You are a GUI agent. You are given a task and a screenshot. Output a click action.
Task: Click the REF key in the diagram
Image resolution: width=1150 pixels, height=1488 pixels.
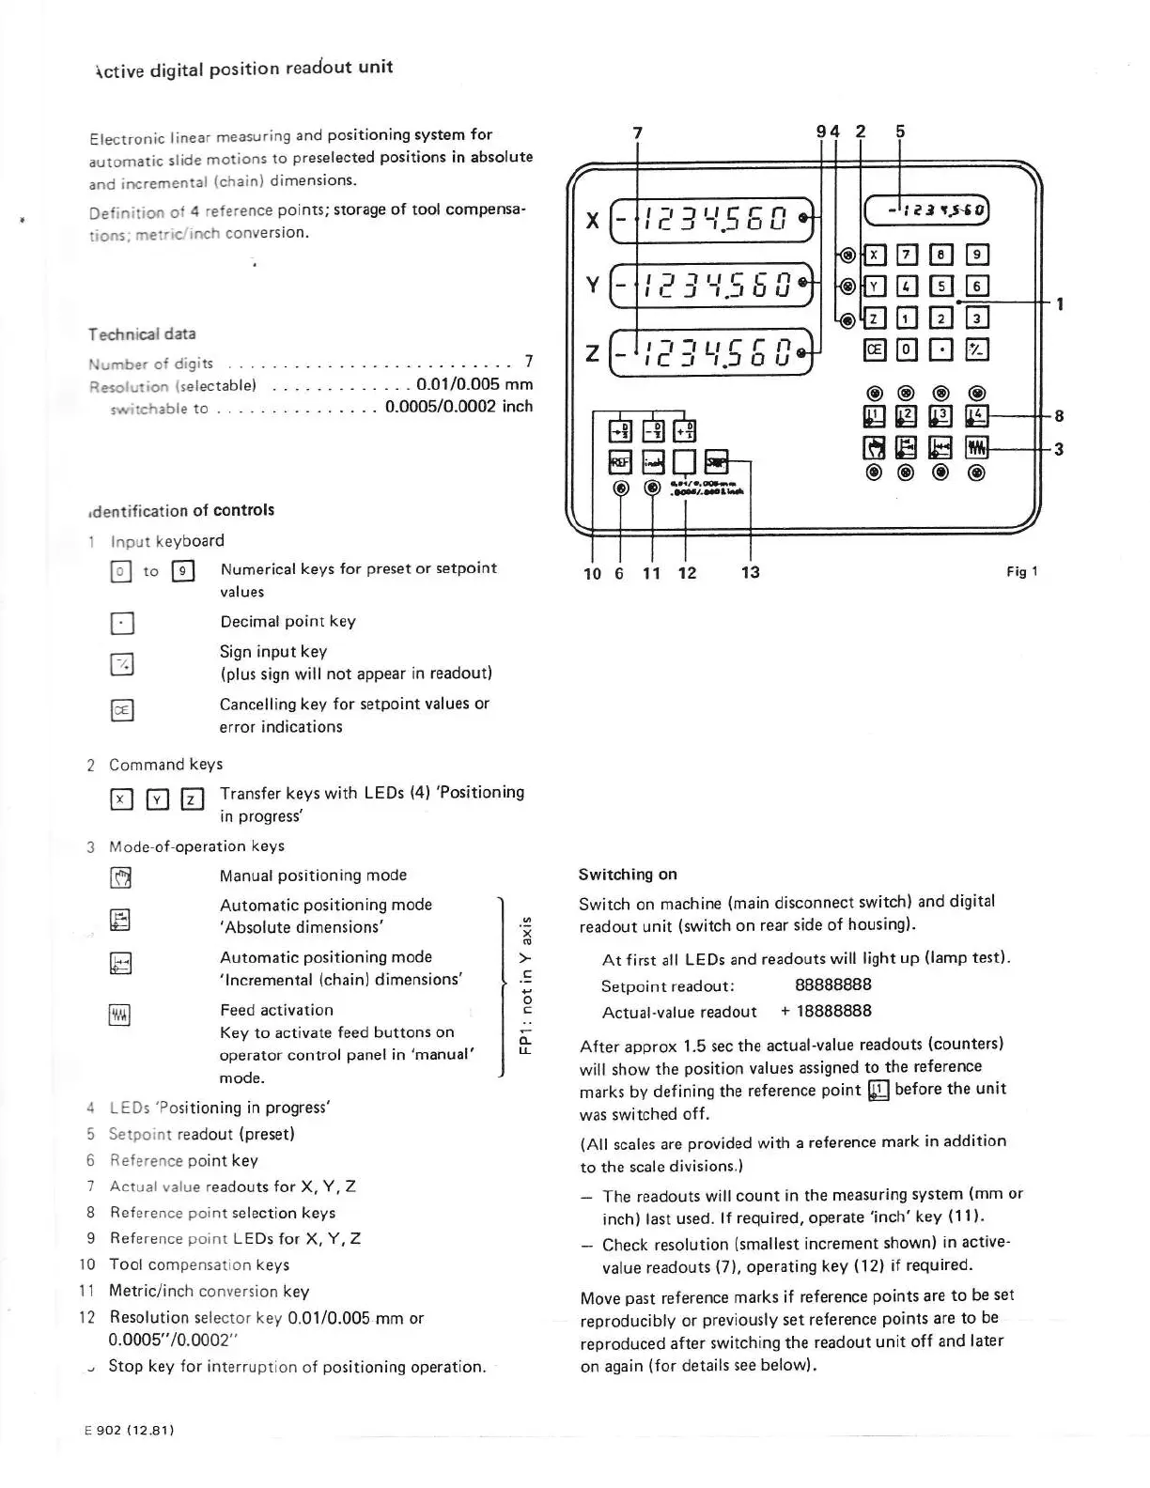pyautogui.click(x=619, y=461)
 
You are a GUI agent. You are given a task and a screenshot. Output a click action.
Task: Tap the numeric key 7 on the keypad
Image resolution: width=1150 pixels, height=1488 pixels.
pyautogui.click(x=908, y=255)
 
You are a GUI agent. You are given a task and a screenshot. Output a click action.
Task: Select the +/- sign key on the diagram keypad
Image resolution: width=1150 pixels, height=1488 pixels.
pyautogui.click(x=977, y=350)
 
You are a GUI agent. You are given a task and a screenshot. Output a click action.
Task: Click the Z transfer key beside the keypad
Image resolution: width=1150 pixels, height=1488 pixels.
pyautogui.click(x=874, y=318)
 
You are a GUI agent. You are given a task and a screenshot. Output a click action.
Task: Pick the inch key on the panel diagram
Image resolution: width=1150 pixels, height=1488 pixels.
pyautogui.click(x=653, y=461)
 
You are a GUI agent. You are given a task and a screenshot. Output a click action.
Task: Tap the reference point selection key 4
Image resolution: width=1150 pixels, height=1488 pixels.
pyautogui.click(x=977, y=415)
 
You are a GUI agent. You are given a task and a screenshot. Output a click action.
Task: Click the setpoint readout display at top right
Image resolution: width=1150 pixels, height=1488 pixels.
pyautogui.click(x=926, y=210)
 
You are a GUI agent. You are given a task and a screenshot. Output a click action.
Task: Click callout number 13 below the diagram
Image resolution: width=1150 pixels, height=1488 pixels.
pyautogui.click(x=750, y=572)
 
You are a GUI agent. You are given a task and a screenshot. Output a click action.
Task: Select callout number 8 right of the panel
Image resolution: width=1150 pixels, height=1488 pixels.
pyautogui.click(x=1059, y=415)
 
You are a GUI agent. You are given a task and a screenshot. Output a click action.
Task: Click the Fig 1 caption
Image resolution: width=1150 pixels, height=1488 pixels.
pyautogui.click(x=1021, y=571)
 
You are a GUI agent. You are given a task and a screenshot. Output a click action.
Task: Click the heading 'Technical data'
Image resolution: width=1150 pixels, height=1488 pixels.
pyautogui.click(x=142, y=334)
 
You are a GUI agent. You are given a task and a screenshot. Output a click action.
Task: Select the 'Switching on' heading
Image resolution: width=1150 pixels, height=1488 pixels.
pyautogui.click(x=628, y=875)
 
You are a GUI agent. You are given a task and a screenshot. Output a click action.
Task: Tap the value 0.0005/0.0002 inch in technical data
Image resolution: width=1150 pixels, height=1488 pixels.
pyautogui.click(x=458, y=407)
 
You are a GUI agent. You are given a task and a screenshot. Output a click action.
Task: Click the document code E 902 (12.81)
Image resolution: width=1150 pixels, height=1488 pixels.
pyautogui.click(x=130, y=1430)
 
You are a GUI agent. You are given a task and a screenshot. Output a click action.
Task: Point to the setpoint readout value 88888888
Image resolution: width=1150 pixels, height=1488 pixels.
pyautogui.click(x=832, y=984)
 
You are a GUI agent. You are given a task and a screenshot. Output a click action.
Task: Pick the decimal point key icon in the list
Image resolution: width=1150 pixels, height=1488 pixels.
pyautogui.click(x=121, y=624)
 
